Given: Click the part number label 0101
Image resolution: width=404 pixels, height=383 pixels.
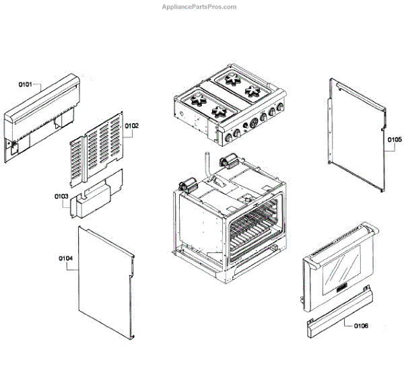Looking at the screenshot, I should coord(25,84).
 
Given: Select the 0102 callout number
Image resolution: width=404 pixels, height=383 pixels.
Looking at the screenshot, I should coord(131,126).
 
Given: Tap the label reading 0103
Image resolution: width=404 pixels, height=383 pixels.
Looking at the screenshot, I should coord(61,197).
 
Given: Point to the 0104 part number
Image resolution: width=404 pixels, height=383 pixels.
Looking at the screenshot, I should coord(65,258).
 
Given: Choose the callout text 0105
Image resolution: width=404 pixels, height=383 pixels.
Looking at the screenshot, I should coord(394,140).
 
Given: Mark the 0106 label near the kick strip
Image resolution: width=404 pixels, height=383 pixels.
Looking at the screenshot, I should coord(360,326).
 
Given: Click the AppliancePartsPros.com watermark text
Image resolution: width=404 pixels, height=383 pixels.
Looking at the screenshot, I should coord(199,7).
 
